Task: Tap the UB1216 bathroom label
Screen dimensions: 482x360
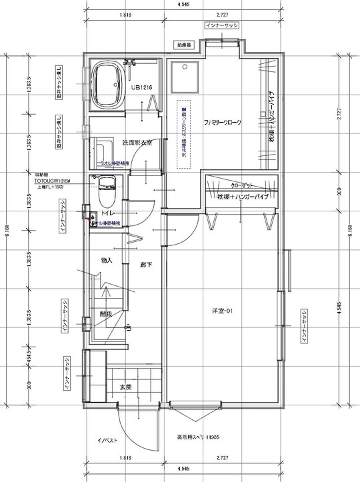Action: pos(141,87)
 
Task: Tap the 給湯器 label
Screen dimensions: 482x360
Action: pos(185,45)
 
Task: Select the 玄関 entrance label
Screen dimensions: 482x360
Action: pos(126,387)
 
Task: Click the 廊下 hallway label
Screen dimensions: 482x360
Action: pos(145,265)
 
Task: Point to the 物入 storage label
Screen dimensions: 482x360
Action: pos(107,260)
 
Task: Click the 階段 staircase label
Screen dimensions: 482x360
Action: pos(106,313)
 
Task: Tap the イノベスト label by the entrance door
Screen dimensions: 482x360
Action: pos(108,440)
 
